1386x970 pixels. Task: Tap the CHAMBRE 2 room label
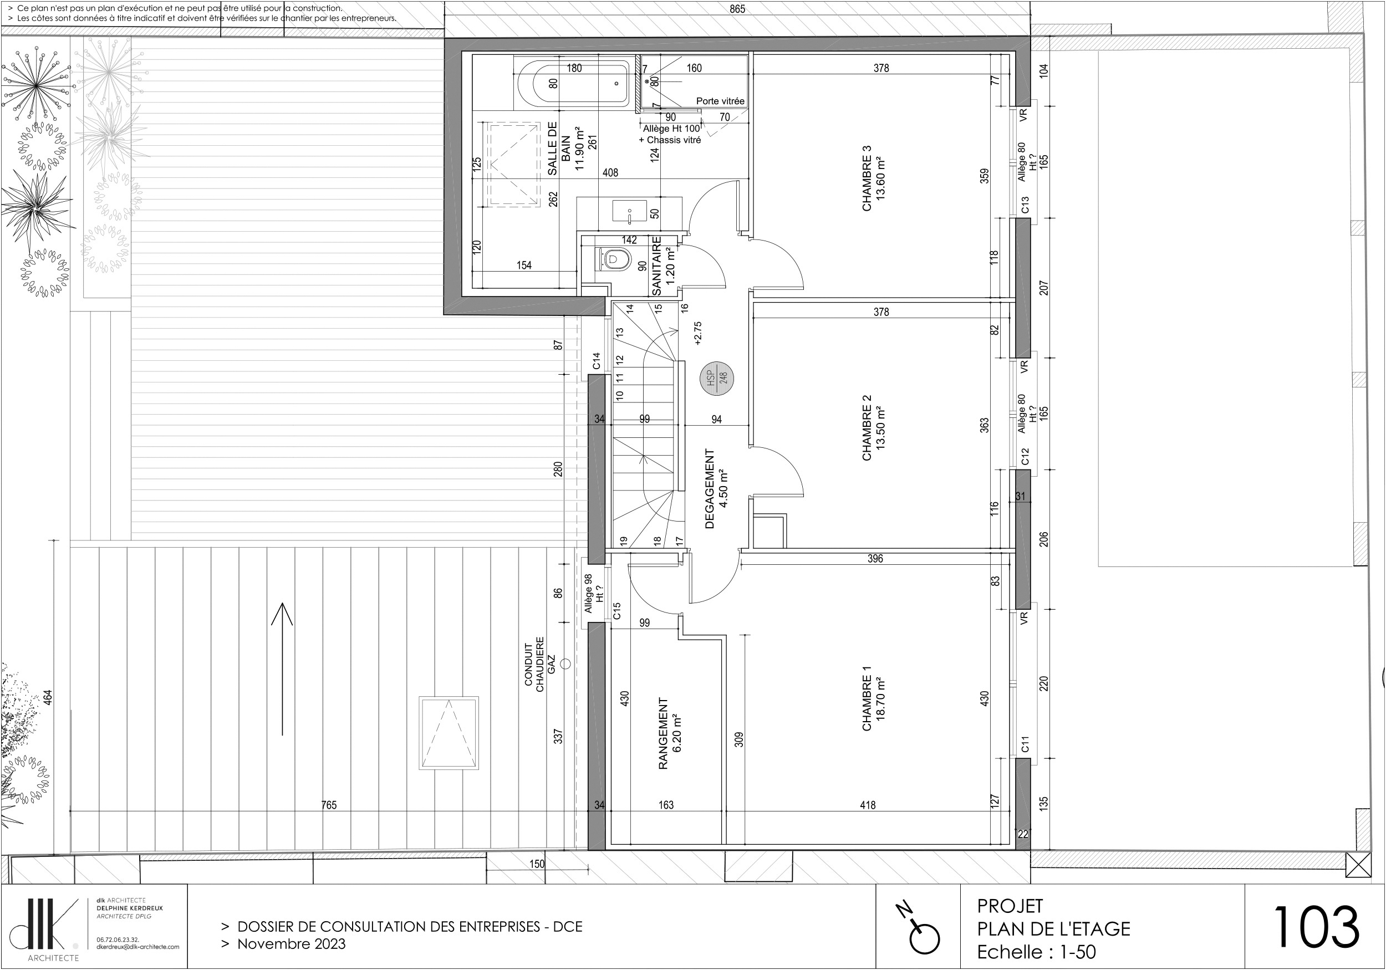tap(867, 428)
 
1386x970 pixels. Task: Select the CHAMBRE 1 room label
tap(867, 698)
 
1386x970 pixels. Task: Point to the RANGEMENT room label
tap(663, 733)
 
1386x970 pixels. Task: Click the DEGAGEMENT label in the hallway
tap(710, 488)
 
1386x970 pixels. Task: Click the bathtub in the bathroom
tap(572, 83)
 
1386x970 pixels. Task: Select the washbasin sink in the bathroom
tap(630, 212)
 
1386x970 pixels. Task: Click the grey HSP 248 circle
tap(716, 379)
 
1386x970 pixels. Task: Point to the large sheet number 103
tap(1316, 927)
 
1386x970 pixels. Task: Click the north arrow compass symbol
tap(919, 930)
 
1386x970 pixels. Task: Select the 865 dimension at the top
tap(737, 9)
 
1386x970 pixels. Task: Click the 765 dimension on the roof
tap(329, 805)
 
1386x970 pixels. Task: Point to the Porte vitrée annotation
tap(720, 101)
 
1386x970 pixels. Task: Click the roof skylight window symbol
tap(449, 733)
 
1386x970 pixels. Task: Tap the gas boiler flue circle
tap(565, 664)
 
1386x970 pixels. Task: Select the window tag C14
tap(597, 361)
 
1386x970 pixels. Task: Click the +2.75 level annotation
tap(698, 333)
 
